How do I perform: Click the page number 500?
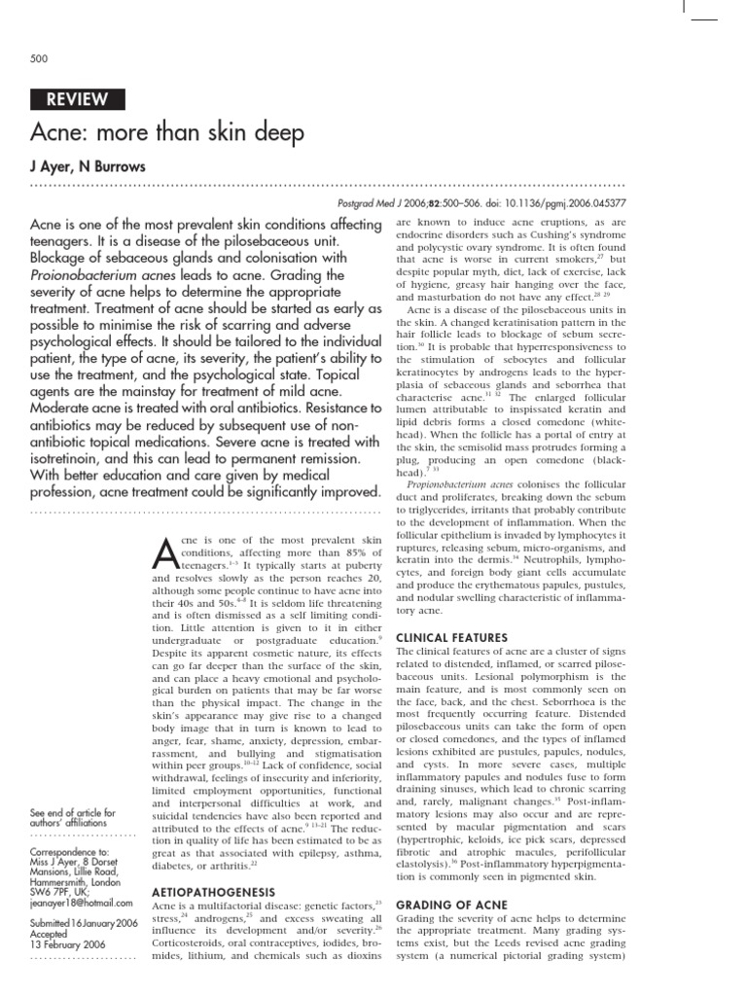click(x=40, y=59)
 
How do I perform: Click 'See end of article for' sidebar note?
click(x=73, y=812)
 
